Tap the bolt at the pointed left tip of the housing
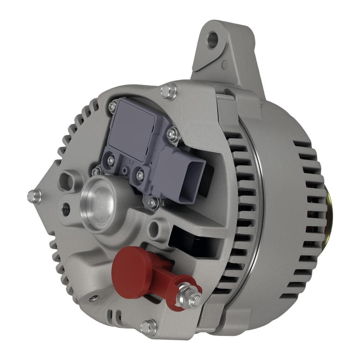point(35,196)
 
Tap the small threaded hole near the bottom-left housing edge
point(94,298)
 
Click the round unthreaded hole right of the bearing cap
point(154,227)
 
